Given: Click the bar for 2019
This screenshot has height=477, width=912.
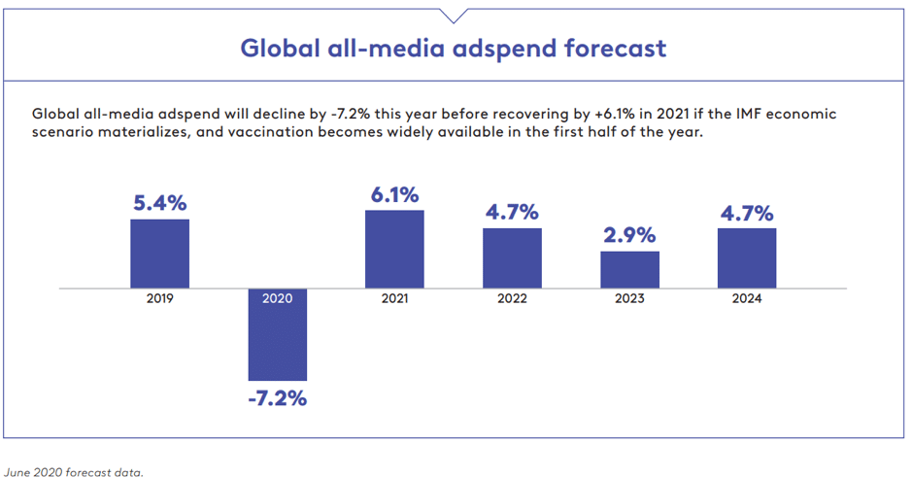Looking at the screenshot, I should click(x=160, y=254).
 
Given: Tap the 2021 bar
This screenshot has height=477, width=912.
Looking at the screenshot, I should click(x=394, y=249).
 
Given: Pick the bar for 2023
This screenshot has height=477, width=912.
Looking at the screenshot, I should click(x=629, y=269).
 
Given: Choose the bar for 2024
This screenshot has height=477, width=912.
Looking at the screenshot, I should click(x=747, y=257).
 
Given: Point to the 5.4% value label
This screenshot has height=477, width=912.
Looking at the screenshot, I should click(x=160, y=204).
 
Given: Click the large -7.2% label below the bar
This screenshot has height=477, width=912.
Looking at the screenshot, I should click(x=277, y=398).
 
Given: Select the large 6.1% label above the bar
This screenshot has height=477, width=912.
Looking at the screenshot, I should click(x=394, y=194).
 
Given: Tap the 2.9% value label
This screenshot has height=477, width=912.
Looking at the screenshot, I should click(x=629, y=236).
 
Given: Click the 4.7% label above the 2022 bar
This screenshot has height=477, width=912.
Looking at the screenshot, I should click(x=512, y=213).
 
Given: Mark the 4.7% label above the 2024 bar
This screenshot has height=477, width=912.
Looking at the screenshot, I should click(x=747, y=213).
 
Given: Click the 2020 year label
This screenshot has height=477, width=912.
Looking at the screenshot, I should click(x=277, y=299).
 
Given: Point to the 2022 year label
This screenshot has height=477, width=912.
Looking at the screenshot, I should click(x=512, y=299).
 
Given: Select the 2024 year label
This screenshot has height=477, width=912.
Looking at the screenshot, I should click(x=747, y=299).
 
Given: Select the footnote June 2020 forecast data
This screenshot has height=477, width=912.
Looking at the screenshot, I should click(x=74, y=472).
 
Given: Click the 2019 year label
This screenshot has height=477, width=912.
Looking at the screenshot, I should click(x=160, y=299).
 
